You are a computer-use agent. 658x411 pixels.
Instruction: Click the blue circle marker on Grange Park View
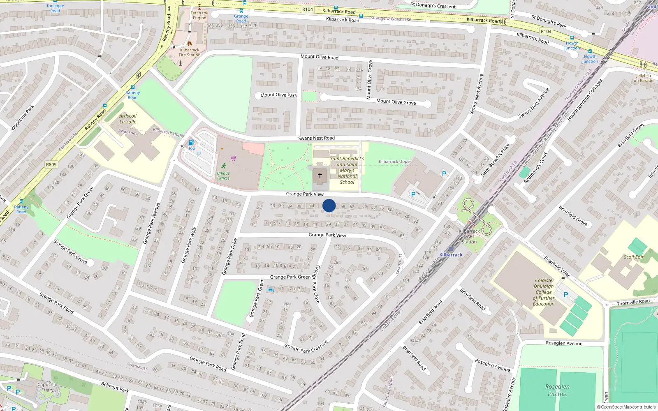[329, 205]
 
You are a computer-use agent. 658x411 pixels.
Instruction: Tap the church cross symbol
[320, 175]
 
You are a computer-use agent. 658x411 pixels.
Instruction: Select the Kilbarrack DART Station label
[469, 236]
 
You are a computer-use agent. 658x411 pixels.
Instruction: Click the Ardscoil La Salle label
[128, 119]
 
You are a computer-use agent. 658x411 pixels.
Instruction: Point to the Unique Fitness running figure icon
[223, 166]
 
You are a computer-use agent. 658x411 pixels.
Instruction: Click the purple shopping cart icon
[234, 158]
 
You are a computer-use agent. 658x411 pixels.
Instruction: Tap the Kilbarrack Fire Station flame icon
[190, 43]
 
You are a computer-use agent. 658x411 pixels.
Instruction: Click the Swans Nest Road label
[316, 138]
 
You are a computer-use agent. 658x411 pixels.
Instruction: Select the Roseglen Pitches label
[557, 390]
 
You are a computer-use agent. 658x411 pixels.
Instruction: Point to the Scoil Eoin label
[634, 257]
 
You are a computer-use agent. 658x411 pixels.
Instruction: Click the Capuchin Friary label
[47, 387]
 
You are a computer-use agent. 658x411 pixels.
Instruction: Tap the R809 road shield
[51, 164]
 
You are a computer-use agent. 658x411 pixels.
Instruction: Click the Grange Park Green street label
[290, 277]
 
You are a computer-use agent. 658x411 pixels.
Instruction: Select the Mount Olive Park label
[278, 95]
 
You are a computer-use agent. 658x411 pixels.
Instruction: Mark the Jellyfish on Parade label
[643, 78]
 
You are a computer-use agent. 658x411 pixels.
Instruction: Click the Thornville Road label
[633, 302]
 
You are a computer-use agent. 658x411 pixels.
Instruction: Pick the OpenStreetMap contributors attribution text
[626, 407]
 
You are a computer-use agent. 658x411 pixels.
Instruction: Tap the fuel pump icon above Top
[191, 143]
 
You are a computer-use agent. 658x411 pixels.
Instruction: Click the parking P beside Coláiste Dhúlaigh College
[566, 295]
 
